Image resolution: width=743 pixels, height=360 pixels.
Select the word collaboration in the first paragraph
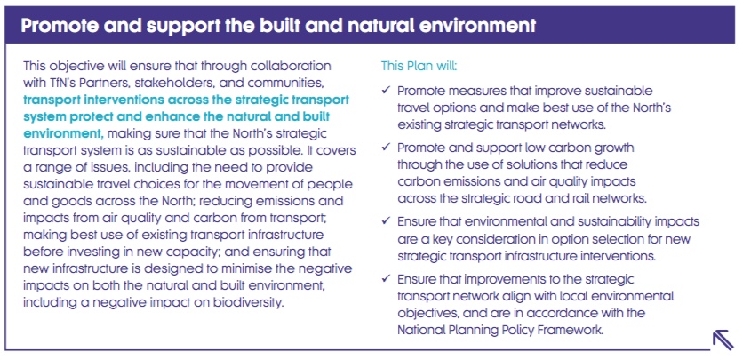point(287,66)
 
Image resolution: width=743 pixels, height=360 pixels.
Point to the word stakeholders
point(178,83)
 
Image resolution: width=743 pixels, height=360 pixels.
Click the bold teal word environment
point(63,133)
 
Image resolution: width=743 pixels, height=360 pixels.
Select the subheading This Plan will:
point(419,66)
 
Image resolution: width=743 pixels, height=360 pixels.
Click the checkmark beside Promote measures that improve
point(386,90)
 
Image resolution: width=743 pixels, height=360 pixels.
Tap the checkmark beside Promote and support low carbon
point(386,148)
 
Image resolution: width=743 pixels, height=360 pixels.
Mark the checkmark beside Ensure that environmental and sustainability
point(386,221)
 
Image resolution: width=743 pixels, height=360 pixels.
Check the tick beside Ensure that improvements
point(386,278)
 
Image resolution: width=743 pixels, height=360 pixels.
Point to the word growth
point(611,148)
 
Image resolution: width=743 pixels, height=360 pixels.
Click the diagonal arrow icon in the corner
point(723,340)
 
